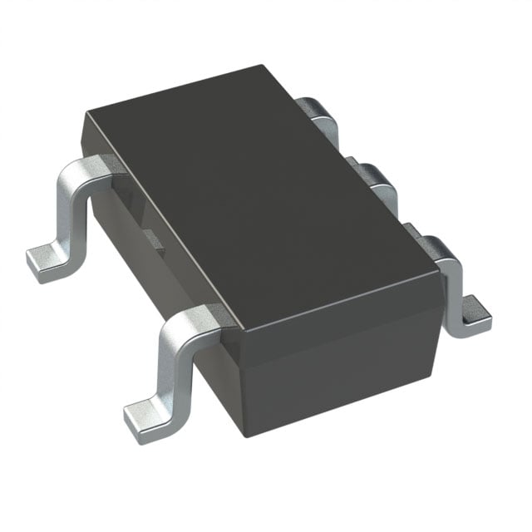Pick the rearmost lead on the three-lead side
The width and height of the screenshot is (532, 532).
[320, 112]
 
